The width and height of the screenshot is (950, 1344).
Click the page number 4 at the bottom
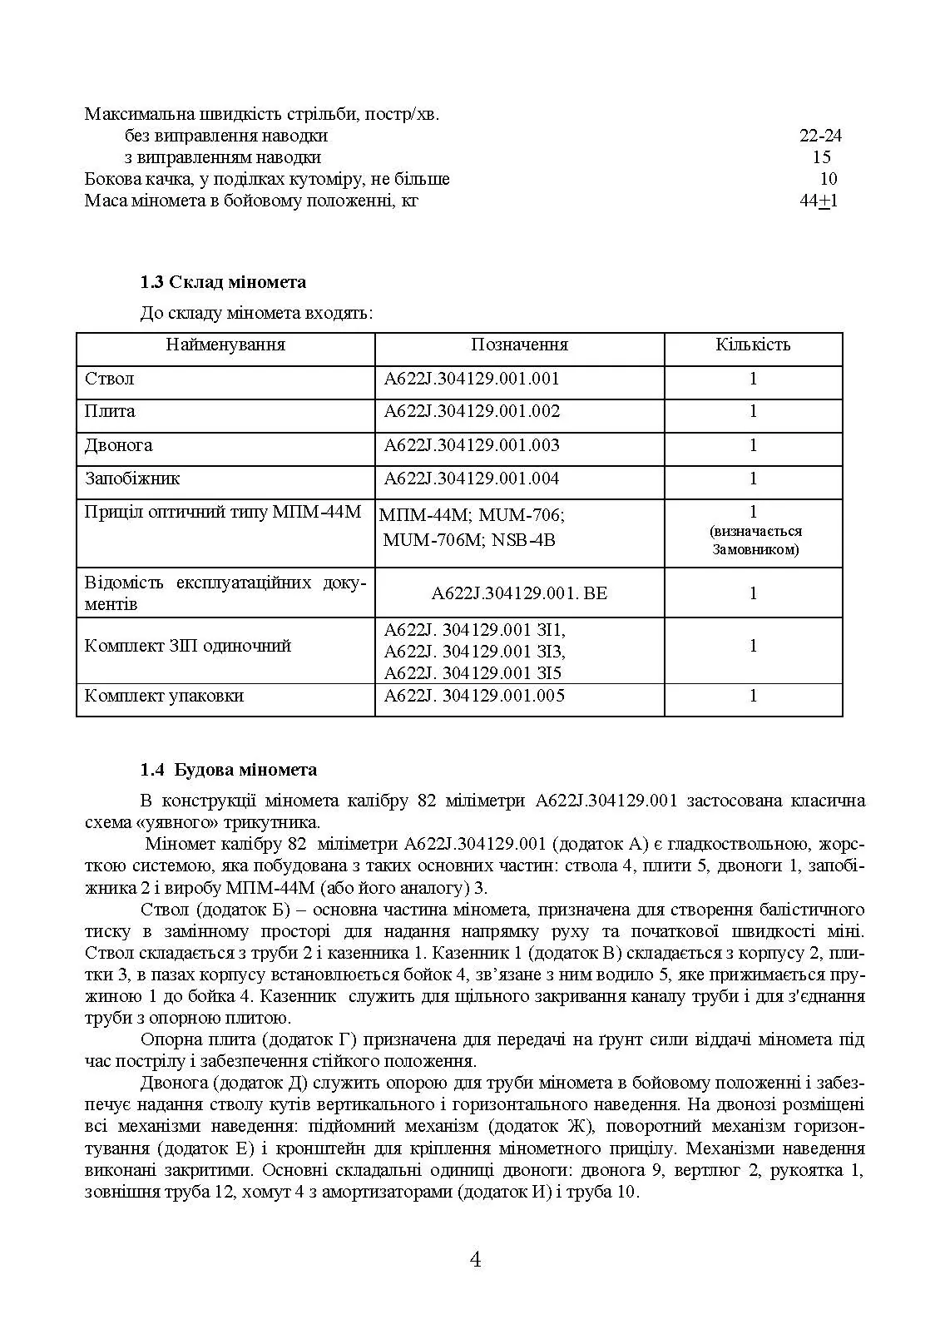(475, 1259)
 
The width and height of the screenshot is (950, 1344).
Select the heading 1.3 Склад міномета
(223, 282)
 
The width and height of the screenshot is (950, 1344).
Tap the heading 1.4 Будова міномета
(229, 770)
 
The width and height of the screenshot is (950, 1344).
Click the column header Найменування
(225, 345)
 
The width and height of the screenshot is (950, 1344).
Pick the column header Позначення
(519, 345)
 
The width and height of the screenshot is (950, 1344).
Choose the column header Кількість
(753, 345)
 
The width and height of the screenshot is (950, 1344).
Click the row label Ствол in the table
(110, 379)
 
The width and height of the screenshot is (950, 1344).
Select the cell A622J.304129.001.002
(472, 411)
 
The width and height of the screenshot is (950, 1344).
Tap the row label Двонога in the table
(119, 445)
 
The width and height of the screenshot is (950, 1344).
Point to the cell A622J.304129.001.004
(472, 479)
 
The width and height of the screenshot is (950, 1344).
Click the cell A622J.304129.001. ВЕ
(519, 593)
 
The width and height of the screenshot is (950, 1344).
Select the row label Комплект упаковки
(165, 696)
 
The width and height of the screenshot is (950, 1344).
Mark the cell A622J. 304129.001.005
(474, 696)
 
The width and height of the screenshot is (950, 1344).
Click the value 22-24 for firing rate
(820, 136)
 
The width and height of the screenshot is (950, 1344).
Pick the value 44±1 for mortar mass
(819, 201)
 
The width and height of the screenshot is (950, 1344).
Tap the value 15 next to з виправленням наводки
(821, 157)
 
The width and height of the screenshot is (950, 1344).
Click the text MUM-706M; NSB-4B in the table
(469, 540)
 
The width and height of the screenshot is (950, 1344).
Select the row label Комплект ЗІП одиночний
(188, 646)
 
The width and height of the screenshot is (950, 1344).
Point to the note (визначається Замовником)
(755, 540)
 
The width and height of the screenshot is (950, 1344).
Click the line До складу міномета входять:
(256, 314)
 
